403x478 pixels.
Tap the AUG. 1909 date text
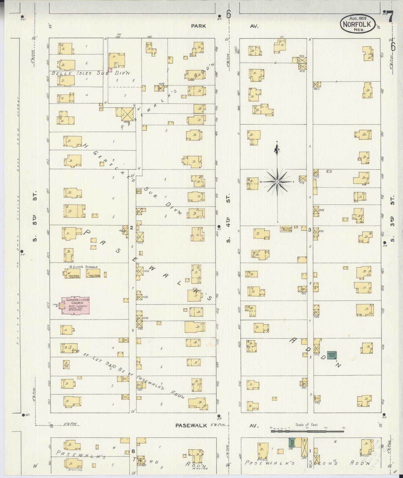point(358,18)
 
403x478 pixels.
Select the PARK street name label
point(198,26)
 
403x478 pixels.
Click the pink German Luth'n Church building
point(75,306)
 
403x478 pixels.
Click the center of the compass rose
point(277,182)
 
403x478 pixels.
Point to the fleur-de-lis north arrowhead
point(277,150)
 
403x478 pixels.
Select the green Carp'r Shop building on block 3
point(332,355)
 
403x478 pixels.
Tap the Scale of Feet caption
point(307,425)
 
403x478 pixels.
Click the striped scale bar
point(307,431)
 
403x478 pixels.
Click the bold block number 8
point(133,451)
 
